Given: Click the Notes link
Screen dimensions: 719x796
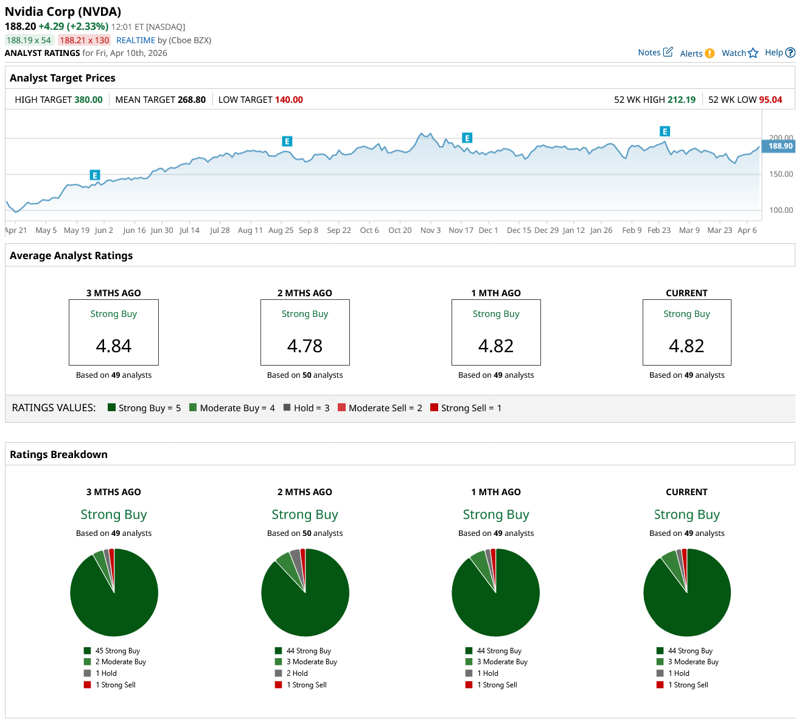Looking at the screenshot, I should [655, 52].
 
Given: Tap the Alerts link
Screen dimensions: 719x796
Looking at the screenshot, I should [697, 54].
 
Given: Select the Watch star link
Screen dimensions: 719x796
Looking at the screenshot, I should [739, 53].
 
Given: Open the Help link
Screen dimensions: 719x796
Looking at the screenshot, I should [780, 52].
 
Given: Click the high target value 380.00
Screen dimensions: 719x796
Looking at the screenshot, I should [88, 100].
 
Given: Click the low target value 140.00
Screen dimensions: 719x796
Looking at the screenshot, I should [289, 100].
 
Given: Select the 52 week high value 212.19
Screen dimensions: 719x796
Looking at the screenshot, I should [682, 100].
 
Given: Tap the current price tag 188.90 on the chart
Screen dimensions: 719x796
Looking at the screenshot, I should [780, 146].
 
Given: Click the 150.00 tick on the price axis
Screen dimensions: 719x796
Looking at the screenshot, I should [781, 174].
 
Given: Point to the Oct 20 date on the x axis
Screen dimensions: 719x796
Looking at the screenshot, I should [400, 231].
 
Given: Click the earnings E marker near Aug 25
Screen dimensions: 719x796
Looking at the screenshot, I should [287, 141].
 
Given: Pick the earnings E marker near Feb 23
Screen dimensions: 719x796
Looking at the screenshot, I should [665, 131].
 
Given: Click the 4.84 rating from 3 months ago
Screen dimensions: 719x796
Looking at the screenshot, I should [114, 346].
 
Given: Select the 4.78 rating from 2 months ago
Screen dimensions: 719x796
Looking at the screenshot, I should [305, 346].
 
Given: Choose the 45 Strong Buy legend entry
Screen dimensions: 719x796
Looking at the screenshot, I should [117, 651].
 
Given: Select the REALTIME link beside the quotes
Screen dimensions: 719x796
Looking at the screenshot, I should [136, 40].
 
